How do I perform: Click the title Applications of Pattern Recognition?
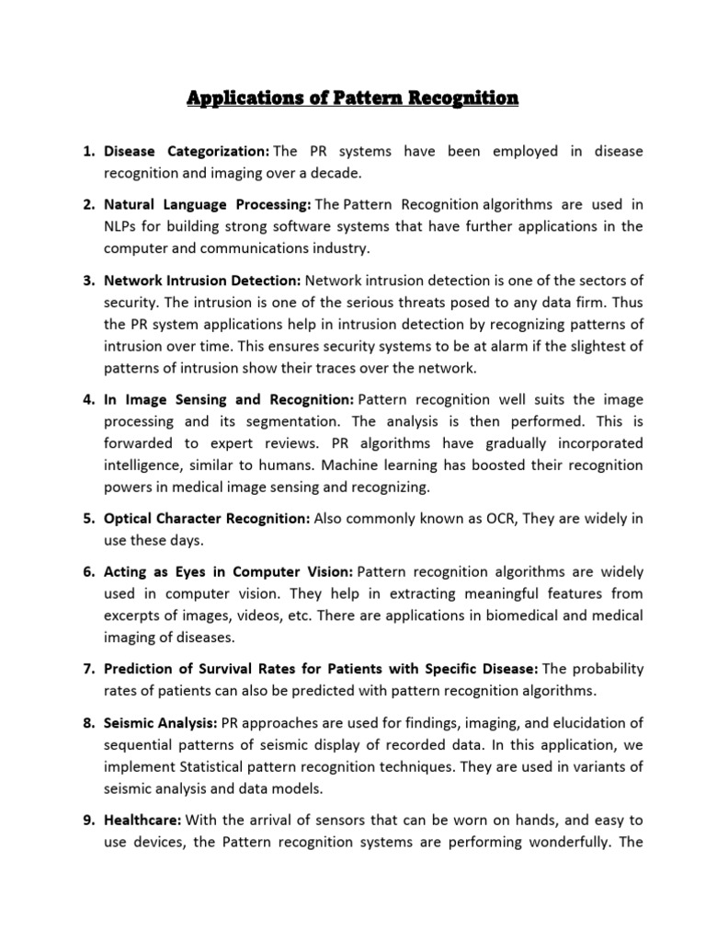353,98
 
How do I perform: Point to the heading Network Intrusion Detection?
202,280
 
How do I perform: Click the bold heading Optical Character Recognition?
207,519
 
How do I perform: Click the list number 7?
88,669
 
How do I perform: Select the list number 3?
88,280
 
